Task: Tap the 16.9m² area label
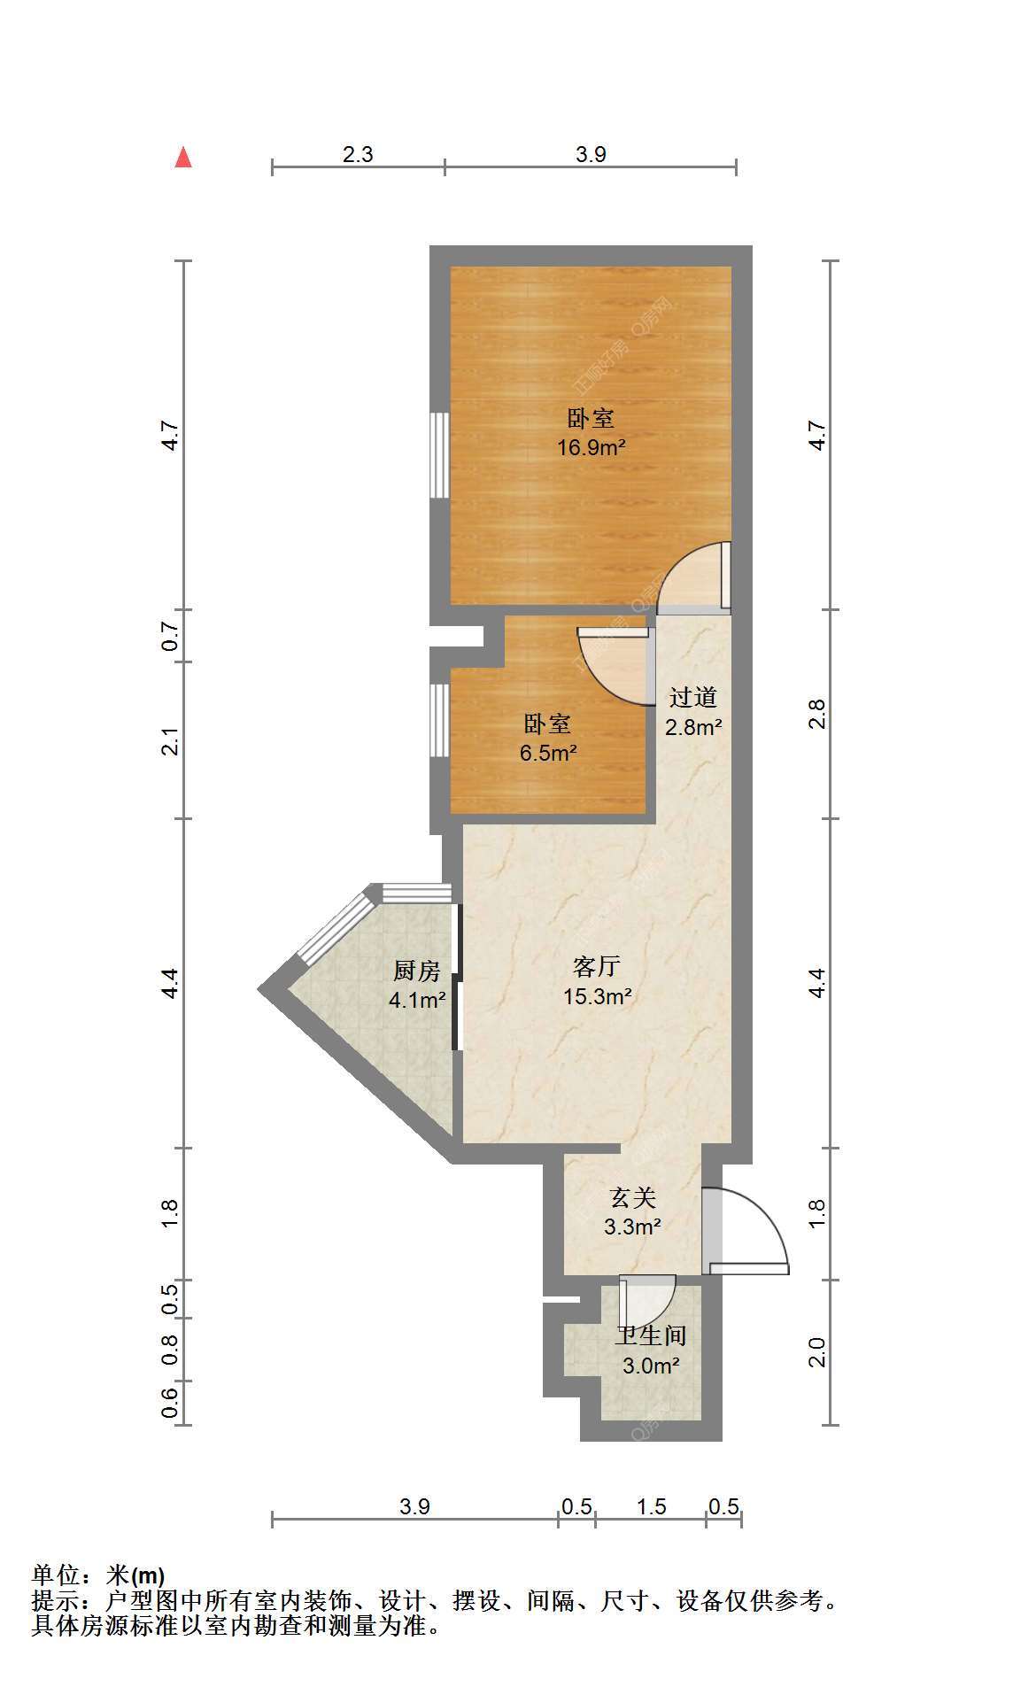(591, 447)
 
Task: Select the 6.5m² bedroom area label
(548, 754)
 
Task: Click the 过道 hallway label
(692, 698)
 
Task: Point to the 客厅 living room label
(597, 966)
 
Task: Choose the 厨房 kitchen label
(416, 971)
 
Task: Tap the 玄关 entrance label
(633, 1198)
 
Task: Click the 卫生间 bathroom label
(652, 1336)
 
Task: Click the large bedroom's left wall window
(439, 455)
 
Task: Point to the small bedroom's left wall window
(439, 720)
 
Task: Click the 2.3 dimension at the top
(358, 155)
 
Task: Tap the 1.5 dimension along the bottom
(651, 1506)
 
